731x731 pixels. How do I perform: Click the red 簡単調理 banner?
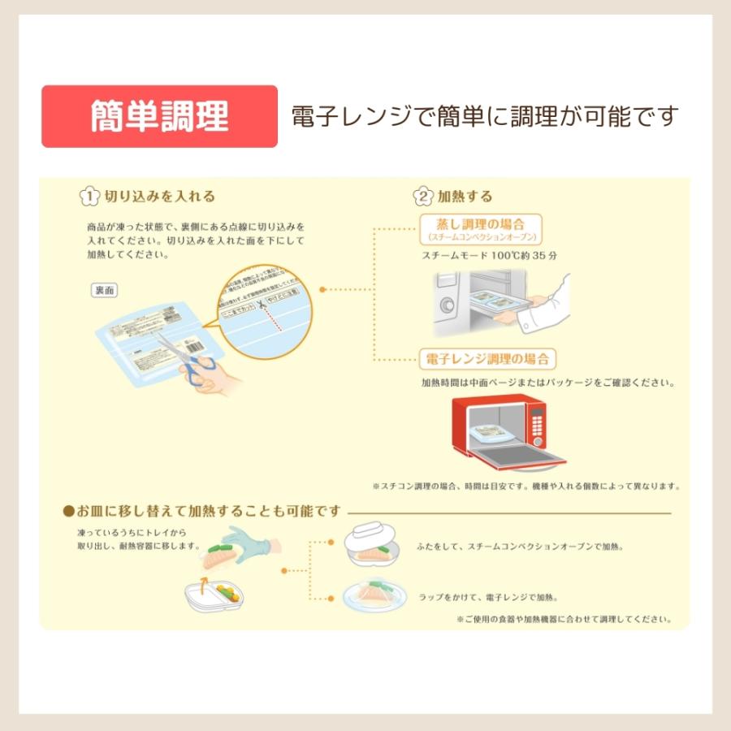[159, 116]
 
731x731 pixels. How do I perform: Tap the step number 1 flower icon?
[89, 197]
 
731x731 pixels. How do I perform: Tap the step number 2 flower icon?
[423, 197]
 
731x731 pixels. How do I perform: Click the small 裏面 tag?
[104, 290]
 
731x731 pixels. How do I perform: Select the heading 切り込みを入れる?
[160, 197]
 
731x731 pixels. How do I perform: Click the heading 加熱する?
[465, 197]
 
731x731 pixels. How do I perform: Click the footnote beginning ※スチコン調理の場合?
[526, 486]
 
